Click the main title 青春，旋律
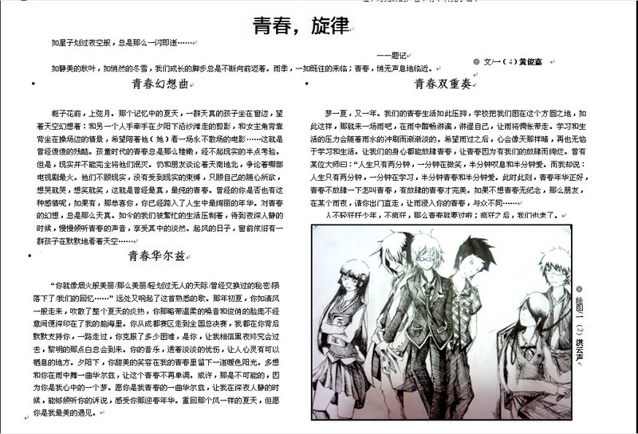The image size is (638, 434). (301, 26)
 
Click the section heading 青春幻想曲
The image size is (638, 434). (163, 83)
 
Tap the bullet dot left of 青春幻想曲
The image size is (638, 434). (32, 82)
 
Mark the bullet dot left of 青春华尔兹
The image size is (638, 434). (30, 256)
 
